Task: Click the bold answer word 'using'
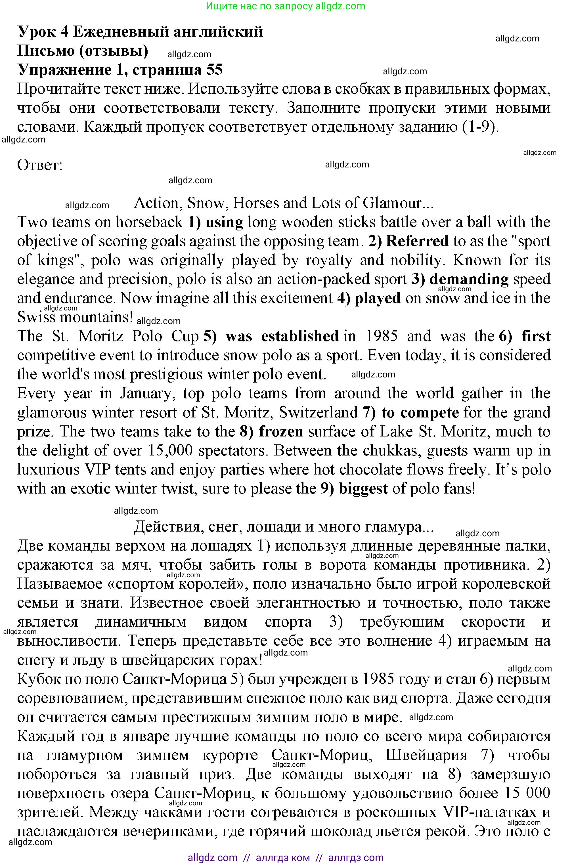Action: pos(224,222)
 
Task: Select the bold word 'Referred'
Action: pos(417,241)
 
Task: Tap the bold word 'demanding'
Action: pos(469,279)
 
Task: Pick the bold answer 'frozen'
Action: pos(281,431)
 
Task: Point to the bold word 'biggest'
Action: pos(363,488)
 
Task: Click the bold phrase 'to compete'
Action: pos(420,412)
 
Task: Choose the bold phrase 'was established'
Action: pos(282,336)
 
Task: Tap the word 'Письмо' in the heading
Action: pos(46,51)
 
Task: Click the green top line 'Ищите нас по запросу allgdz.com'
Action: pos(286,6)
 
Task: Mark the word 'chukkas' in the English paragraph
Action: pos(393,450)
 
